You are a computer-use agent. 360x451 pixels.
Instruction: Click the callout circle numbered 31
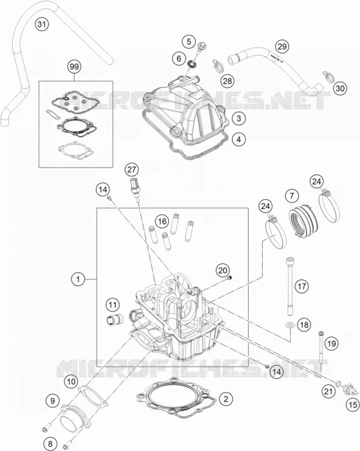tap(42, 24)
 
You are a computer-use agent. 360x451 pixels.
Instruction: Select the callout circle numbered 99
tap(74, 67)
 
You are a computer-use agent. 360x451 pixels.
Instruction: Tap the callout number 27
tap(132, 170)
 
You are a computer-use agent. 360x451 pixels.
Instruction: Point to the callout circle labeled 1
tap(78, 279)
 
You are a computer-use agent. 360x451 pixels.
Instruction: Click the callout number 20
tap(223, 271)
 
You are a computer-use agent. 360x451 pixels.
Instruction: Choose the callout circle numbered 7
tap(292, 196)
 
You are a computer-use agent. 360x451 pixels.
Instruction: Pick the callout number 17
tap(302, 286)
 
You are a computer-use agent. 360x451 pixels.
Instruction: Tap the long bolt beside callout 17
tap(290, 287)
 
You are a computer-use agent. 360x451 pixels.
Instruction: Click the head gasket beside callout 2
tap(176, 398)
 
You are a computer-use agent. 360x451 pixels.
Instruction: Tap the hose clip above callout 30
tap(328, 76)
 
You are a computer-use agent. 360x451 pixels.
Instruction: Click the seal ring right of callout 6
tap(191, 64)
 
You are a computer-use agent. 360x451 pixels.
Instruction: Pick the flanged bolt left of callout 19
tap(320, 351)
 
